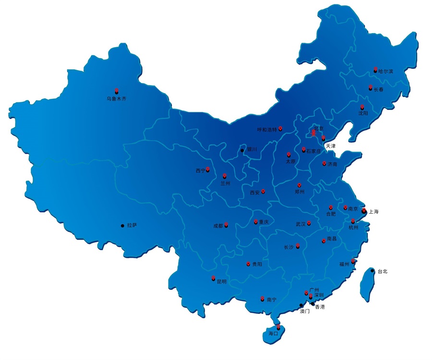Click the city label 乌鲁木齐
pyautogui.click(x=116, y=99)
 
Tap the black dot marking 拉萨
pyautogui.click(x=122, y=225)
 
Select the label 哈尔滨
pyautogui.click(x=385, y=71)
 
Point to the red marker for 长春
pyautogui.click(x=370, y=88)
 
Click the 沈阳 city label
pyautogui.click(x=363, y=113)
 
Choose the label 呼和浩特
pyautogui.click(x=267, y=129)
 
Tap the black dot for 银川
pyautogui.click(x=242, y=151)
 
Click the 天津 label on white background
pyautogui.click(x=331, y=145)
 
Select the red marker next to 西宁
pyautogui.click(x=208, y=170)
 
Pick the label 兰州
pyautogui.click(x=225, y=183)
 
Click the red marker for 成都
pyautogui.click(x=226, y=225)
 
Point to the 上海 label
pyautogui.click(x=373, y=211)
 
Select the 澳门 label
pyautogui.click(x=304, y=311)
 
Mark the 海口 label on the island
pyautogui.click(x=274, y=333)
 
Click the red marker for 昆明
pyautogui.click(x=213, y=278)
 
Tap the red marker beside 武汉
pyautogui.click(x=309, y=223)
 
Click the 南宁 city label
pyautogui.click(x=271, y=300)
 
